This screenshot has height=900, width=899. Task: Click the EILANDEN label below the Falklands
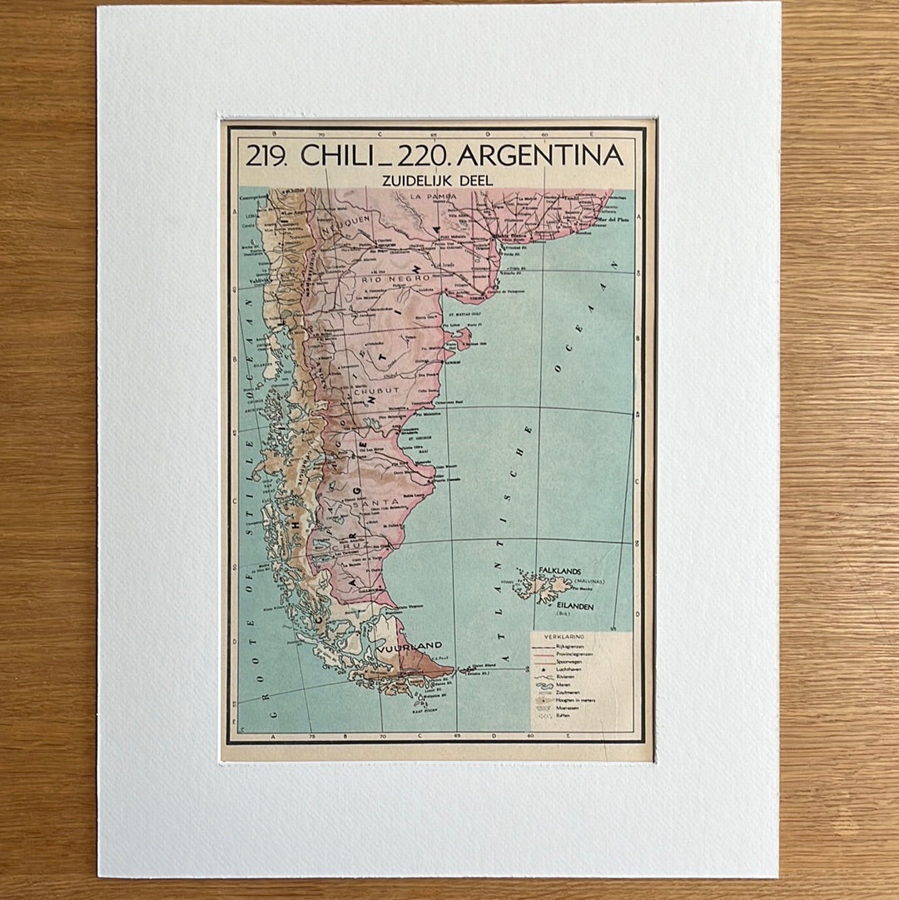pyautogui.click(x=576, y=607)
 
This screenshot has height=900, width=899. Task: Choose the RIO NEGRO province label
pyautogui.click(x=397, y=278)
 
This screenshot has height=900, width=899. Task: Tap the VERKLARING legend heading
pyautogui.click(x=564, y=636)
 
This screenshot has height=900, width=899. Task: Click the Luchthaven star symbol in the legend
pyautogui.click(x=543, y=669)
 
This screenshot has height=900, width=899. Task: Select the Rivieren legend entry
pyautogui.click(x=565, y=678)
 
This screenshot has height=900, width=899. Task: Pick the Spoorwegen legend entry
pyautogui.click(x=567, y=661)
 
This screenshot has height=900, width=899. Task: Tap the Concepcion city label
pyautogui.click(x=252, y=198)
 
